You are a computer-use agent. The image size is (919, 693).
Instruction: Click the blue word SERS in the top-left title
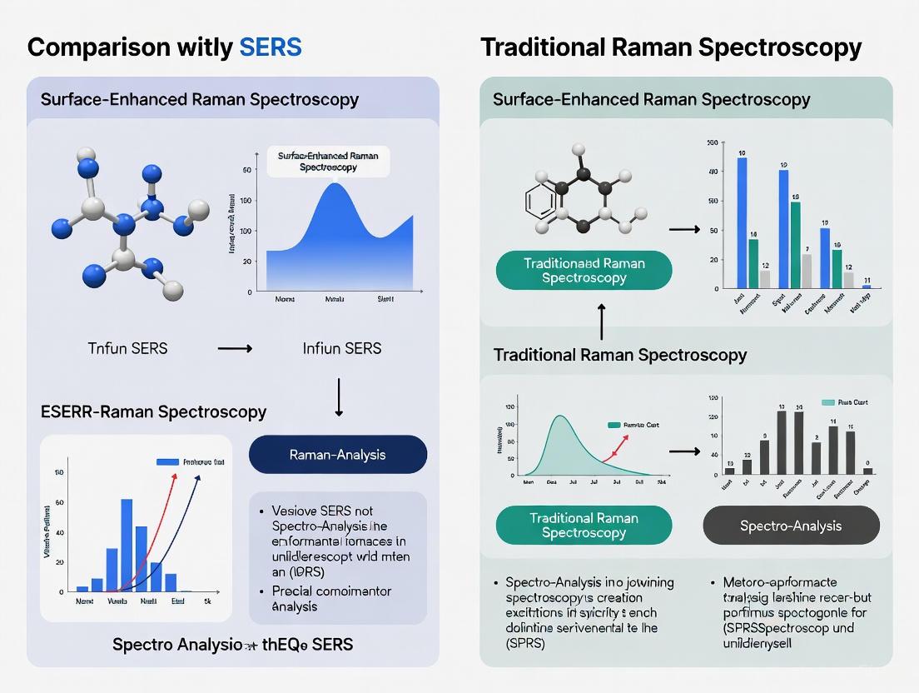(x=270, y=47)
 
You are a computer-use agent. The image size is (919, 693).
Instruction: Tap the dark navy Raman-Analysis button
(x=337, y=455)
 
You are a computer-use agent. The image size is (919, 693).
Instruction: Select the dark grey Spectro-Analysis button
(x=791, y=526)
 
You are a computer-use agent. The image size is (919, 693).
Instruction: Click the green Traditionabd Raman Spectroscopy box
(x=584, y=271)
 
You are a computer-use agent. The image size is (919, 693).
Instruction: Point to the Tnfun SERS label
(x=127, y=348)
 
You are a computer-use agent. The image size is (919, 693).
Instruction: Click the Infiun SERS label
(x=342, y=348)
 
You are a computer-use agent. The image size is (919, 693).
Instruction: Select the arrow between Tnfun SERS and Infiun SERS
(x=235, y=348)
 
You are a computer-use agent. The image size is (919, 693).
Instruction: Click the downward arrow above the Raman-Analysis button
(x=339, y=396)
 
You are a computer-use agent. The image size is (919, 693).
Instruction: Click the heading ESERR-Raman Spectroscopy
(x=153, y=411)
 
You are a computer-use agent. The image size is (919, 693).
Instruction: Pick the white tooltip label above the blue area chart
(x=327, y=161)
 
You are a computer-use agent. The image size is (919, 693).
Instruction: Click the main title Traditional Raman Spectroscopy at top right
(x=671, y=47)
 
